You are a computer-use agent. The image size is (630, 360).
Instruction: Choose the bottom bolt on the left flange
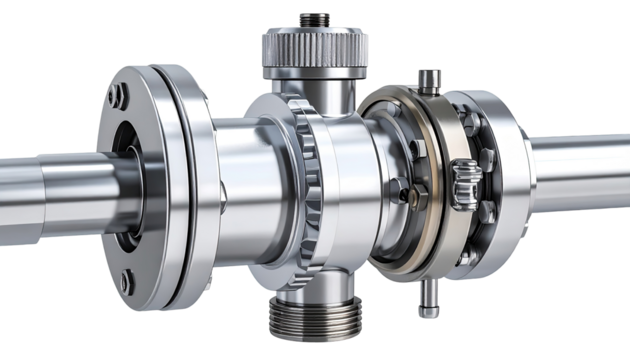point(126,284)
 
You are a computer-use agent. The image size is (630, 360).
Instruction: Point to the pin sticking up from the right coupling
point(428,80)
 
